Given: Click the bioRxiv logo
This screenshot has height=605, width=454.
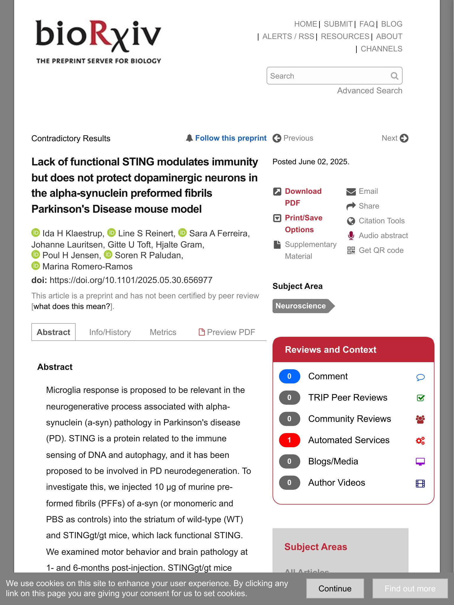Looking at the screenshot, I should pyautogui.click(x=98, y=41).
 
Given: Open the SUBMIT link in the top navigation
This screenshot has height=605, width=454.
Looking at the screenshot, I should pyautogui.click(x=338, y=24).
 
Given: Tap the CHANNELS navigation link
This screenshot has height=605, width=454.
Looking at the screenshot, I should pyautogui.click(x=381, y=49).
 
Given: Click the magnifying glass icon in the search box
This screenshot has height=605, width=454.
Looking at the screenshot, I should pyautogui.click(x=394, y=76).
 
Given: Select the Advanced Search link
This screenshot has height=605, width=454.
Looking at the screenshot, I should pyautogui.click(x=369, y=91).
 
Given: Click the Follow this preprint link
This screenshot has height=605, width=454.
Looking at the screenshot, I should pyautogui.click(x=231, y=138).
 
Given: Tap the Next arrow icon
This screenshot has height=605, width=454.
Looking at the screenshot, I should pyautogui.click(x=404, y=138).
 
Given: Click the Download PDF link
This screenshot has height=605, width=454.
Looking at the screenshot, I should pyautogui.click(x=303, y=197).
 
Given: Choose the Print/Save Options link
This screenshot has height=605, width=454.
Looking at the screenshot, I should pyautogui.click(x=303, y=224).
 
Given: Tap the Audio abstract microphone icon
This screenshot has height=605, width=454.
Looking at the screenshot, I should pyautogui.click(x=351, y=236).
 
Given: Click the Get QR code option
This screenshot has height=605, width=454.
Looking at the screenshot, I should pyautogui.click(x=381, y=251).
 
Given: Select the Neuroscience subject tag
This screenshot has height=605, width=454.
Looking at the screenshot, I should pyautogui.click(x=301, y=306).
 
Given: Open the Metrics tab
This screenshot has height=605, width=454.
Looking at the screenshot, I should pyautogui.click(x=163, y=332).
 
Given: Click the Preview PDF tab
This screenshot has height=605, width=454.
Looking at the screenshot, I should pyautogui.click(x=227, y=332).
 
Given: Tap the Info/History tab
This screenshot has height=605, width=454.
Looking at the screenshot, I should pyautogui.click(x=110, y=332).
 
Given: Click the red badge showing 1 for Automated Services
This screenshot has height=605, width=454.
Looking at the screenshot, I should pyautogui.click(x=289, y=440).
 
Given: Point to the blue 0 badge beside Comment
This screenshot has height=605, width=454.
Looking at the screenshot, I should pyautogui.click(x=289, y=376).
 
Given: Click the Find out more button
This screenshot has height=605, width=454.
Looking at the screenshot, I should pyautogui.click(x=410, y=588).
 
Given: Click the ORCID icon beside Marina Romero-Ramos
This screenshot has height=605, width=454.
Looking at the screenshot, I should pyautogui.click(x=35, y=266).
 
